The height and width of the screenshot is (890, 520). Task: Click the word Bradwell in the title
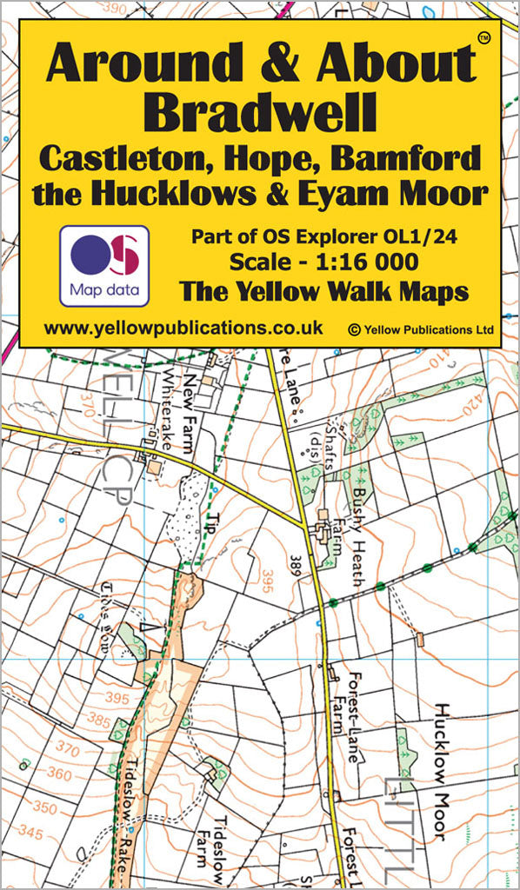[260, 112]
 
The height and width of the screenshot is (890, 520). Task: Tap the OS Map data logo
[104, 264]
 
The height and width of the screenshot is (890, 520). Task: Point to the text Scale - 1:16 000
[323, 261]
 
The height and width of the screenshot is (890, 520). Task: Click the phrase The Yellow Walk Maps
[323, 291]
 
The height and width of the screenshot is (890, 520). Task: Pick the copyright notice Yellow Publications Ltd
[421, 329]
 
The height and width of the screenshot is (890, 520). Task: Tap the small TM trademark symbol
[483, 37]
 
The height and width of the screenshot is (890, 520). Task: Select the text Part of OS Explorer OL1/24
[323, 235]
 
